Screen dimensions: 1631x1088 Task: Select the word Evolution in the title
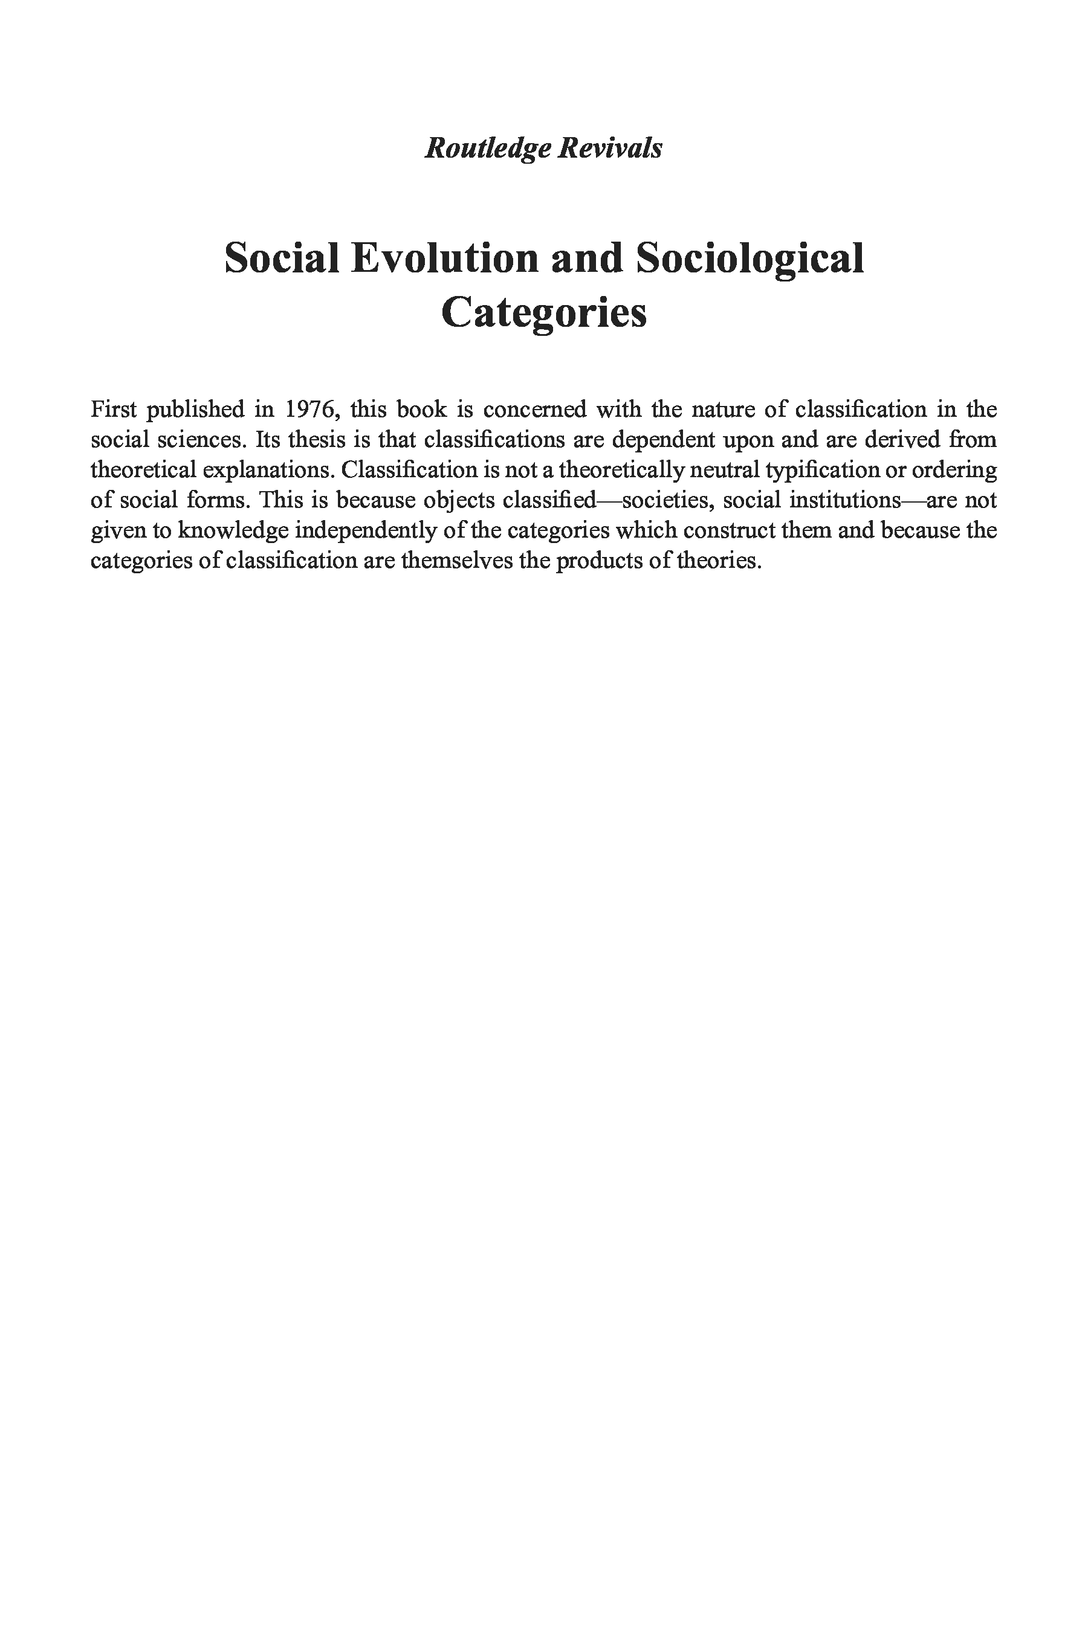point(444,258)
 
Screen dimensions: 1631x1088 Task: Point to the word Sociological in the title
point(750,258)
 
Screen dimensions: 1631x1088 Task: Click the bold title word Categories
point(544,313)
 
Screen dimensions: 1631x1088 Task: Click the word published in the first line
point(195,409)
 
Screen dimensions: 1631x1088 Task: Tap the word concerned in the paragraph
point(534,409)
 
